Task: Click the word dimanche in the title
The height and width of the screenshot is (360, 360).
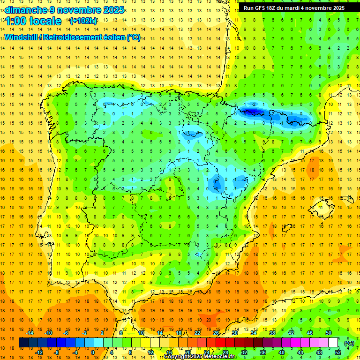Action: click(x=26, y=10)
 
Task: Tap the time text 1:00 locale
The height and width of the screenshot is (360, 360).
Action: click(x=33, y=21)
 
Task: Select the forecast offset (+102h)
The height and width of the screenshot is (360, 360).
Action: click(x=83, y=21)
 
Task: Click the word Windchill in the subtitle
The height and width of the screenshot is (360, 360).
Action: click(x=22, y=37)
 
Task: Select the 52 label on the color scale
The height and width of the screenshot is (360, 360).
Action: click(x=338, y=352)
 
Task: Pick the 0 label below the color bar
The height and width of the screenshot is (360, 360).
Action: click(x=92, y=352)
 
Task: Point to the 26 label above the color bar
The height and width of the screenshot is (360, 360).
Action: click(x=216, y=333)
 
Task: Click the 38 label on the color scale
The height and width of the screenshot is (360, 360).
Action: click(x=272, y=333)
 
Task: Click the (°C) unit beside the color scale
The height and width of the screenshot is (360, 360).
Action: click(x=349, y=343)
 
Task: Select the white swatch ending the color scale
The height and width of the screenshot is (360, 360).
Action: click(x=333, y=343)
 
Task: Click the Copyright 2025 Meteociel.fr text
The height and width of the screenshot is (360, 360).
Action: click(x=200, y=357)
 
